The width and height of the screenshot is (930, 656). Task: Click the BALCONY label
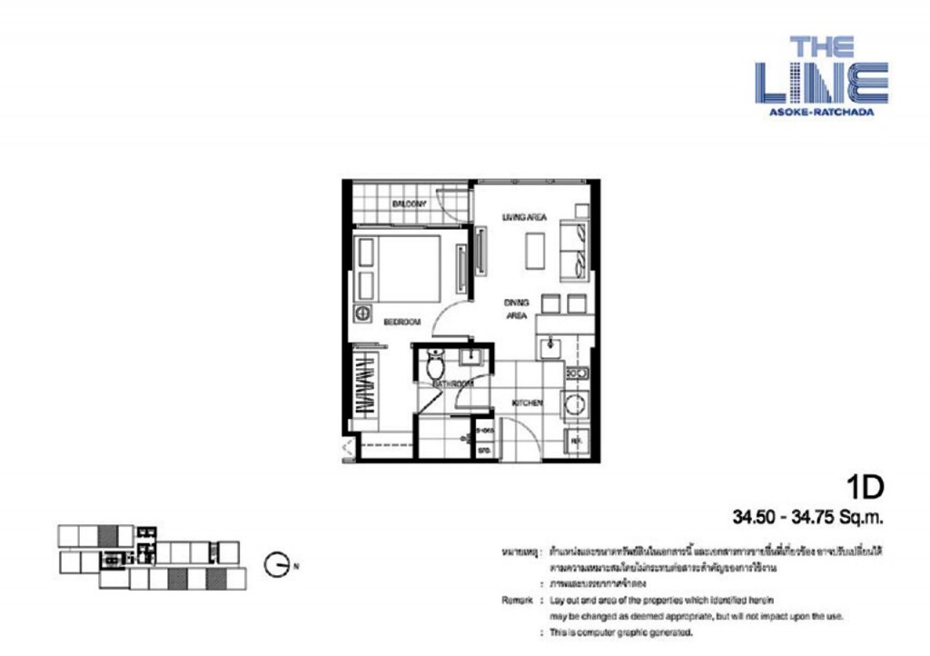tap(409, 204)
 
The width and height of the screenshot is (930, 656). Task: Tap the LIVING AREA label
tap(524, 216)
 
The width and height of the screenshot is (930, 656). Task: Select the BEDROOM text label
tap(401, 322)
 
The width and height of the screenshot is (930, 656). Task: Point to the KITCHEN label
tap(527, 403)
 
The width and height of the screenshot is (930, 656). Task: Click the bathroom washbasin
tap(471, 356)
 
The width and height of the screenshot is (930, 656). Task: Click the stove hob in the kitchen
tap(577, 373)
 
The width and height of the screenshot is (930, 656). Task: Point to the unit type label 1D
tap(866, 488)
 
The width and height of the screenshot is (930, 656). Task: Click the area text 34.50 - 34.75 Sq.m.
tap(808, 518)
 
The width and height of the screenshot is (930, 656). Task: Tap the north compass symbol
tap(276, 565)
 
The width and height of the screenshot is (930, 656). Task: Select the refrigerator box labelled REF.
tap(577, 442)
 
